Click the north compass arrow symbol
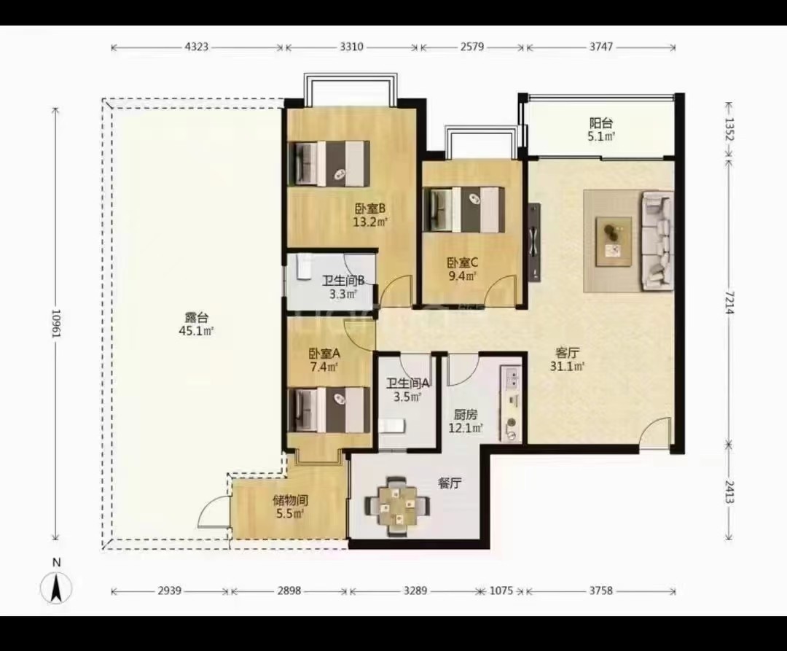(55, 588)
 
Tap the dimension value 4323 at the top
(196, 47)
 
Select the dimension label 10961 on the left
(55, 323)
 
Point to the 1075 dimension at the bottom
(501, 590)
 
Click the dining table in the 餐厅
(398, 505)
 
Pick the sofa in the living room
(657, 241)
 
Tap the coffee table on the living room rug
(614, 241)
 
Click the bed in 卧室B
(329, 163)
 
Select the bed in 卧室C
(464, 210)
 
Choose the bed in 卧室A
(329, 410)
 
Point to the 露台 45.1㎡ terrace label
(196, 324)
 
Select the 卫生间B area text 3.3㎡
(342, 294)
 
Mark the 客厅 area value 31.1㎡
(567, 367)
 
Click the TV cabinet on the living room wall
(535, 243)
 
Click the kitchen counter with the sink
(511, 404)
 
